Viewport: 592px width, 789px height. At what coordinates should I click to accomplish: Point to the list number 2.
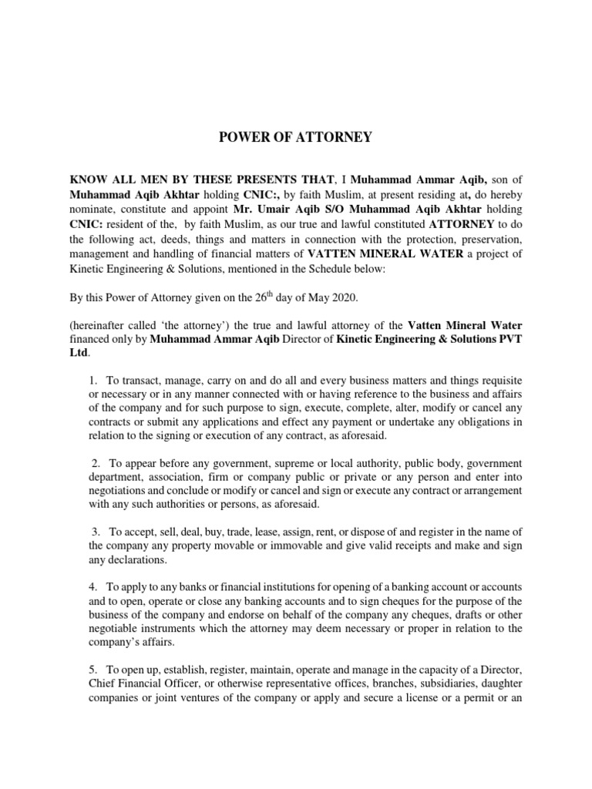[96, 462]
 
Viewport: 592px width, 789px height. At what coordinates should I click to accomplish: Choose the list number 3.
[96, 532]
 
